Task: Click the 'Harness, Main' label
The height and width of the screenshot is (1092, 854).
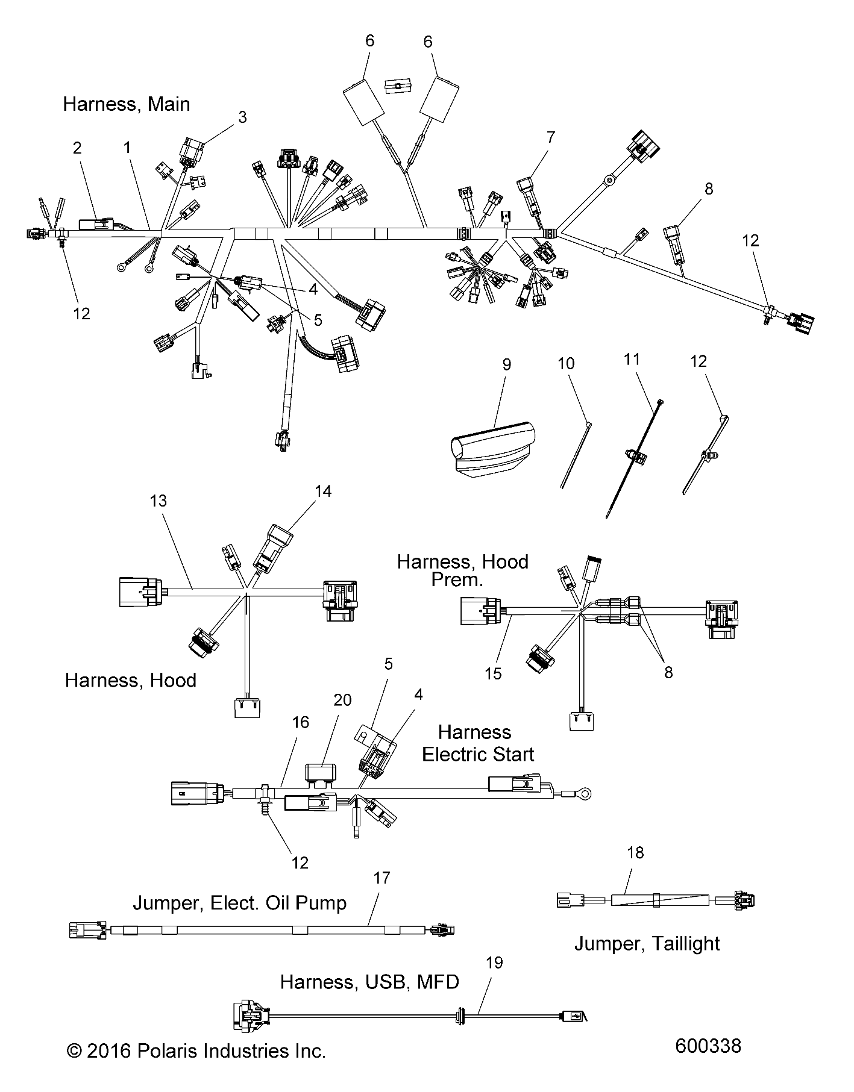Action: click(126, 104)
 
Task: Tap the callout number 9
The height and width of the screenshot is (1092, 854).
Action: click(506, 364)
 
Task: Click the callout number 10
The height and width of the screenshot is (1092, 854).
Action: click(566, 364)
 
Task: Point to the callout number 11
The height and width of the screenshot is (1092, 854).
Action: click(631, 360)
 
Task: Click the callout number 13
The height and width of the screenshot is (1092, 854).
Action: click(159, 501)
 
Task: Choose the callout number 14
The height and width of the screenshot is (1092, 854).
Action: click(323, 491)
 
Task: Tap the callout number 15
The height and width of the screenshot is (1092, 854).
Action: click(493, 673)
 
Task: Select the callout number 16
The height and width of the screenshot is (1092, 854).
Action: click(300, 722)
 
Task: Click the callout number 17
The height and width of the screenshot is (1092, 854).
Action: click(382, 878)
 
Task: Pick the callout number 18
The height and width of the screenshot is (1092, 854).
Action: click(635, 852)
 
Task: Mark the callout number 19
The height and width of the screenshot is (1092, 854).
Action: click(494, 963)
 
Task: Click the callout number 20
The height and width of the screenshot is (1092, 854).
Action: click(342, 700)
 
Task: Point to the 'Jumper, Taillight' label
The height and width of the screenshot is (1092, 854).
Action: click(647, 943)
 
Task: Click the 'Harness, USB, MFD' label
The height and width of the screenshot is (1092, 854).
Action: click(369, 982)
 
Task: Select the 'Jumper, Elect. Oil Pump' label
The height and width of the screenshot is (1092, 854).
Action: click(239, 903)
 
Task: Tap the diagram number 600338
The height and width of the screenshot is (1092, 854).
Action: click(708, 1046)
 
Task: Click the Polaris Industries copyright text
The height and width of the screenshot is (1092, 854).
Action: click(196, 1051)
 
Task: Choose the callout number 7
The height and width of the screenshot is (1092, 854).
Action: click(550, 137)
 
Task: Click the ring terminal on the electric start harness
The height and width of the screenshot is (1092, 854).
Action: click(583, 794)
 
